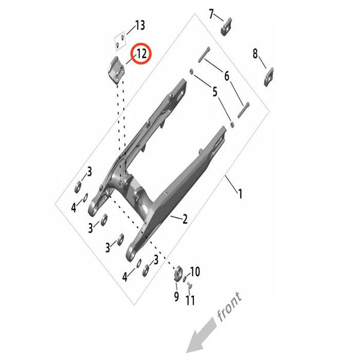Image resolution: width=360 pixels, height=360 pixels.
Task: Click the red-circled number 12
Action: pyautogui.click(x=141, y=54)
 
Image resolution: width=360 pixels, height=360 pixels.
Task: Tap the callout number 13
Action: pyautogui.click(x=140, y=25)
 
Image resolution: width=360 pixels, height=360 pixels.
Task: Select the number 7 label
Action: pyautogui.click(x=211, y=14)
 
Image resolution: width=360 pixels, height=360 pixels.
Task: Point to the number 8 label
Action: pyautogui.click(x=255, y=53)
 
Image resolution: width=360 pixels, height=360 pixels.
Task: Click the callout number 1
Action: pyautogui.click(x=240, y=194)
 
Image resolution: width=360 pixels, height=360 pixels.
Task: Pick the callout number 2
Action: pyautogui.click(x=185, y=219)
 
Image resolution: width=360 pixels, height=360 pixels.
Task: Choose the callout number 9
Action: pyautogui.click(x=176, y=296)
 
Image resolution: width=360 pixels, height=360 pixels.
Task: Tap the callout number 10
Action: pyautogui.click(x=195, y=272)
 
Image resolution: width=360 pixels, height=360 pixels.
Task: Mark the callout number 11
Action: pyautogui.click(x=190, y=300)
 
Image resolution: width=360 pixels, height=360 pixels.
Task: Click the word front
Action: pyautogui.click(x=229, y=307)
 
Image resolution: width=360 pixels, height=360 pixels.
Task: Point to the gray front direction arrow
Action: pyautogui.click(x=201, y=335)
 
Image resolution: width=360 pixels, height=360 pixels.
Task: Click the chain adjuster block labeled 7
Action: pyautogui.click(x=226, y=26)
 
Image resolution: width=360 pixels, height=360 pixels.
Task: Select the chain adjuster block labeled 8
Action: pyautogui.click(x=269, y=77)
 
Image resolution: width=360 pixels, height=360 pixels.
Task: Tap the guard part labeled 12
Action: pyautogui.click(x=116, y=70)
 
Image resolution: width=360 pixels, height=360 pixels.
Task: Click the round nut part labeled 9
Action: pyautogui.click(x=178, y=274)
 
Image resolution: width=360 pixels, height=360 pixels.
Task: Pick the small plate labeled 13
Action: pyautogui.click(x=120, y=41)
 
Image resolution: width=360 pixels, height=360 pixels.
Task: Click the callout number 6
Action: pyautogui.click(x=227, y=76)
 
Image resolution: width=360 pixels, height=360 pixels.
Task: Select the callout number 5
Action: pyautogui.click(x=215, y=92)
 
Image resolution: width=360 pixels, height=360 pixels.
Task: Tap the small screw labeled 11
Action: pyautogui.click(x=190, y=286)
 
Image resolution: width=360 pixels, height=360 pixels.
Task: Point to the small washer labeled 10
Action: pyautogui.click(x=184, y=280)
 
